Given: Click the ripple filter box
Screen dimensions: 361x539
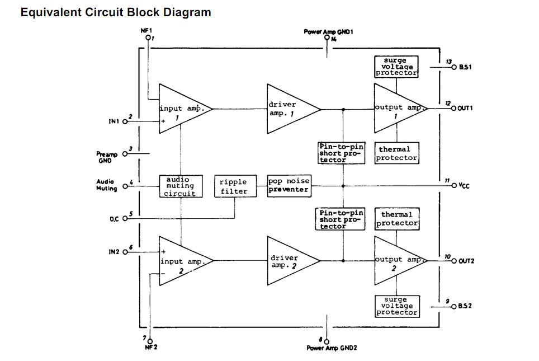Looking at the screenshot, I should [x=233, y=186].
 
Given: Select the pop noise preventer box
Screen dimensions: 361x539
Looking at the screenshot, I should [x=289, y=185].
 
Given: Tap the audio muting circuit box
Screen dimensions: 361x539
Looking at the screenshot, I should [x=180, y=186].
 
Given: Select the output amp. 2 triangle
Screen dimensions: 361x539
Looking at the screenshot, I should [x=396, y=261].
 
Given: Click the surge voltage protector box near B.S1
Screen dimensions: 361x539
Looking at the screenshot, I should [x=396, y=67].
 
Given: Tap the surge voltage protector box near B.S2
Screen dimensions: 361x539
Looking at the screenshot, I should [x=396, y=306].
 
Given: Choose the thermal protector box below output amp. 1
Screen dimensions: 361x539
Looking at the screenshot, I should [x=396, y=153].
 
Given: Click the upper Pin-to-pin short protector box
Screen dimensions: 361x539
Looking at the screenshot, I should [x=341, y=153].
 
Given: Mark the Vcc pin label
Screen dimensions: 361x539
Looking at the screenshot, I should [x=464, y=185].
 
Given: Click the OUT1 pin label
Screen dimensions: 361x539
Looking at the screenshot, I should [x=465, y=108].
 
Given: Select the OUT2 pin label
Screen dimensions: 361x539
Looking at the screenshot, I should [x=466, y=261].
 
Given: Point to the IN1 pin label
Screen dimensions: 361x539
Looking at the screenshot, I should [x=115, y=121].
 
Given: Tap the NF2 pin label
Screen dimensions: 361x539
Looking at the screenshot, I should [x=152, y=347].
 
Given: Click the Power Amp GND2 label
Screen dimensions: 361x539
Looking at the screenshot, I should [x=332, y=348].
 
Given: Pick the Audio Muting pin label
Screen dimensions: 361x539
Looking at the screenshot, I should [x=106, y=185].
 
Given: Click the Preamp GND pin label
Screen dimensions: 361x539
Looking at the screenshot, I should [x=105, y=157].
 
